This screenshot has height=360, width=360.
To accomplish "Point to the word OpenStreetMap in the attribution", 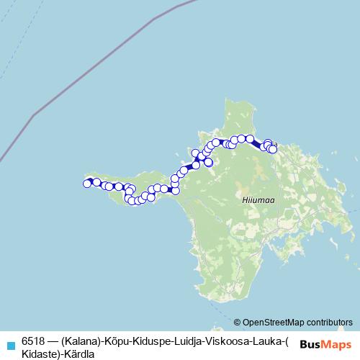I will tap(274, 322).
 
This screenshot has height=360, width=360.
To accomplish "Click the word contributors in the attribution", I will tap(329, 322).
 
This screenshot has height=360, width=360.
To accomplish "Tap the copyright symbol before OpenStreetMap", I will tap(237, 322).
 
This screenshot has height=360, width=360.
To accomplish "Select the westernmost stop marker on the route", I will tap(87, 184).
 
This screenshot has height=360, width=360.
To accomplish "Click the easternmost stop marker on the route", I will tap(272, 149).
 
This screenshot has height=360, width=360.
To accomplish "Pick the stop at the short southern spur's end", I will tap(208, 163).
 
